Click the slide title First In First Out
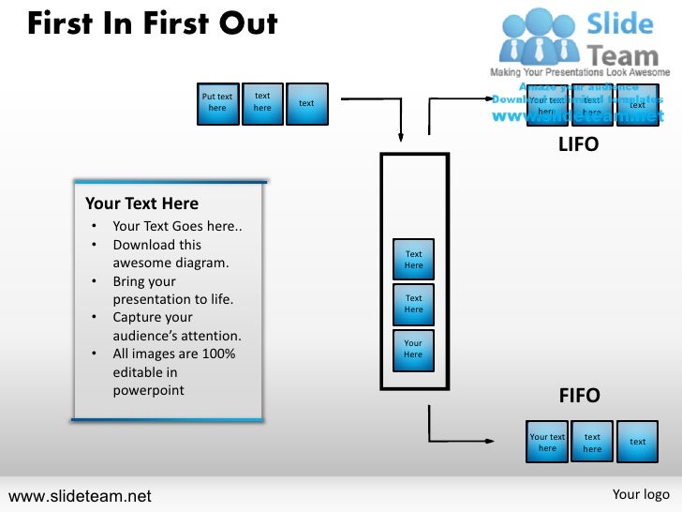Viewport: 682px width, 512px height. (152, 23)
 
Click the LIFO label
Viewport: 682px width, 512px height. (578, 145)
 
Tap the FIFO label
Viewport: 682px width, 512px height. (579, 396)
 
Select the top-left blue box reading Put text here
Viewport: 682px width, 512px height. (217, 103)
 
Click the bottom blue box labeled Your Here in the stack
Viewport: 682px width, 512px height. (413, 350)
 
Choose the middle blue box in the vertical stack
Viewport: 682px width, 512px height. (413, 304)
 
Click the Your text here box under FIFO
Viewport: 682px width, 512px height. (547, 442)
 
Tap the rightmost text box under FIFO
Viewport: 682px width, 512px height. (637, 442)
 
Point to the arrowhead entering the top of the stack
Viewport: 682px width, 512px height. (401, 136)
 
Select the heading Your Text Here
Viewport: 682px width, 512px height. (141, 203)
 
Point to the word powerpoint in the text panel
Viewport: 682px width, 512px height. (148, 390)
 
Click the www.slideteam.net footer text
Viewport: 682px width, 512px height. (79, 495)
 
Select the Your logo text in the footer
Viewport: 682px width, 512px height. (641, 494)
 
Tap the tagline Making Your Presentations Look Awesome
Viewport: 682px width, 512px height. (580, 72)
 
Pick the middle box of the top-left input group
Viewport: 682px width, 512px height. (262, 103)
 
